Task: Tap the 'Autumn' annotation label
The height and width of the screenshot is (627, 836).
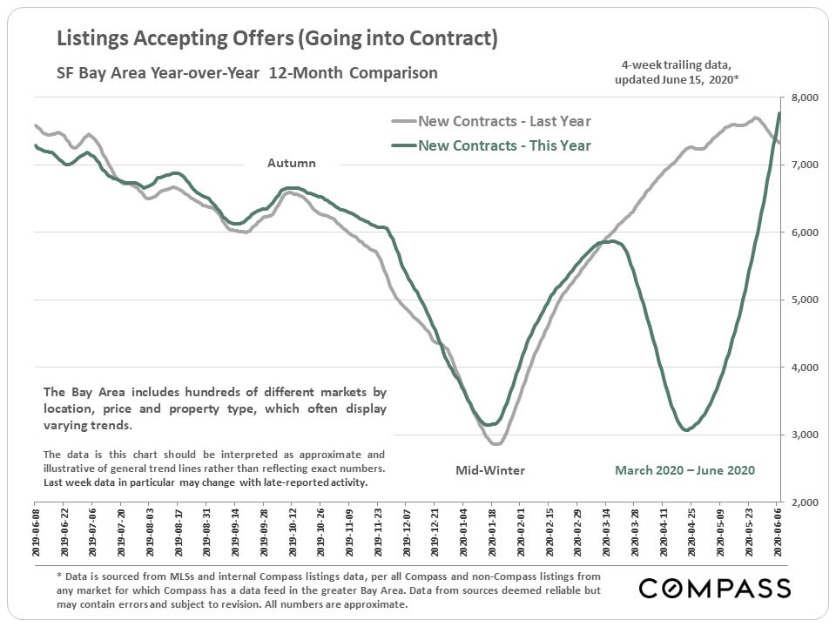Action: (291, 163)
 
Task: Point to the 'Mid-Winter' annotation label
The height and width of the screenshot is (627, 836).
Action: (490, 470)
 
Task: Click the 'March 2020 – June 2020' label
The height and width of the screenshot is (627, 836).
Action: (684, 470)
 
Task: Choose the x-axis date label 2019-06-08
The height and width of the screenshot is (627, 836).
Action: (36, 531)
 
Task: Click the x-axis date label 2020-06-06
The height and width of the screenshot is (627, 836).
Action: (779, 531)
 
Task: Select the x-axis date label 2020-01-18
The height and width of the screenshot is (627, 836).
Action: (493, 531)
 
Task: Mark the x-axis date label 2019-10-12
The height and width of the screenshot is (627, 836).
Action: (293, 531)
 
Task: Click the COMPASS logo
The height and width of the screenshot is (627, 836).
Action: (715, 589)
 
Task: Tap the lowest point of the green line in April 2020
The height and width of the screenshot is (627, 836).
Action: (686, 430)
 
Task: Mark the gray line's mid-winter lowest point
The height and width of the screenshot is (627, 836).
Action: (496, 444)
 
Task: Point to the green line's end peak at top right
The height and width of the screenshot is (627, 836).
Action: (779, 113)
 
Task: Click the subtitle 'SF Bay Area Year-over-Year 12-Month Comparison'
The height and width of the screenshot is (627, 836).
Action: (247, 73)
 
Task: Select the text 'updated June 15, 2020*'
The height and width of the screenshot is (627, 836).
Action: (676, 79)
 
